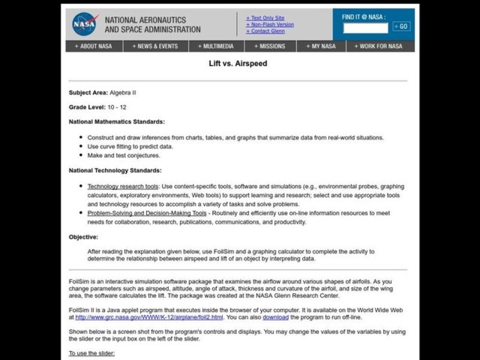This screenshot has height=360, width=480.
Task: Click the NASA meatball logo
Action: (83, 24)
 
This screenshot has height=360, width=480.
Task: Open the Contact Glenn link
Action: (266, 32)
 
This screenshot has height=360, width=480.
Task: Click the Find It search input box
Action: (366, 27)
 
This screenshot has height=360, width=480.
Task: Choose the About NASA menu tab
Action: (93, 46)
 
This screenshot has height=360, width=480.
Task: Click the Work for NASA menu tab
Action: (379, 46)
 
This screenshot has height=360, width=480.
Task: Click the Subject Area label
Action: (88, 92)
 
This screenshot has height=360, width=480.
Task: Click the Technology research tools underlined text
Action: (123, 187)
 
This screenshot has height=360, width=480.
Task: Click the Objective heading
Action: (83, 237)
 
